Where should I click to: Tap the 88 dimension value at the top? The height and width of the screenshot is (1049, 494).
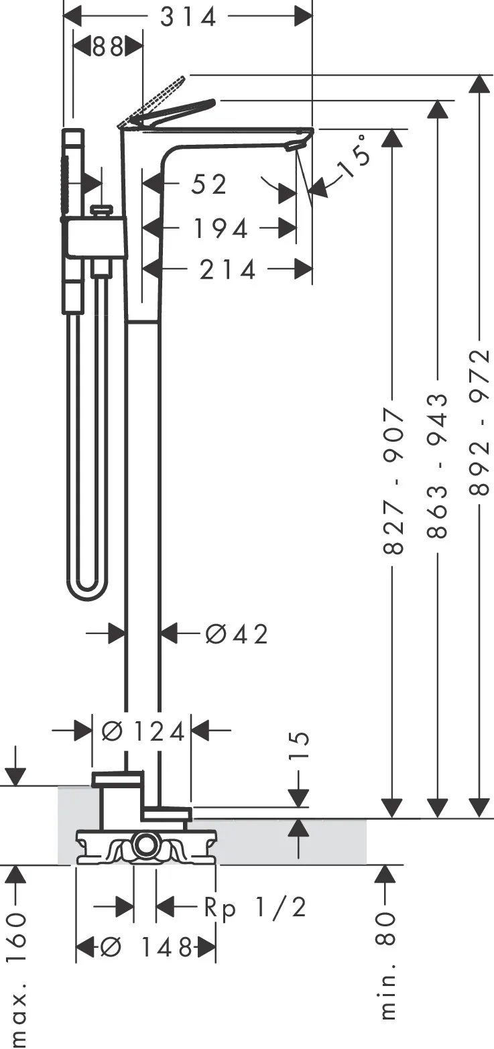(x=107, y=48)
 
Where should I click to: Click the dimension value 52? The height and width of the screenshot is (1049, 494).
(x=209, y=184)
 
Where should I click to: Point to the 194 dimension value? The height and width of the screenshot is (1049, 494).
(x=221, y=229)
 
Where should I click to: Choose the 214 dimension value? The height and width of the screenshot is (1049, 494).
(x=228, y=269)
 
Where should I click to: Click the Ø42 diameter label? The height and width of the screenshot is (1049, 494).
(x=237, y=633)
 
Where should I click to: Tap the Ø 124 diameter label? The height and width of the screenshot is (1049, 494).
(x=142, y=732)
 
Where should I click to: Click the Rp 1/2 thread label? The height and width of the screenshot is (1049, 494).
(x=255, y=908)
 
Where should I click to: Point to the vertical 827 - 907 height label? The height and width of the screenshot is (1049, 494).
(x=393, y=480)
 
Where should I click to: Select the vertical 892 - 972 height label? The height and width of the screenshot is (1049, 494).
(x=480, y=422)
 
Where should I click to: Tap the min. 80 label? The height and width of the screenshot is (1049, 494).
(x=387, y=965)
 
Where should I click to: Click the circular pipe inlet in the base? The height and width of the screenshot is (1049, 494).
(x=144, y=846)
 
